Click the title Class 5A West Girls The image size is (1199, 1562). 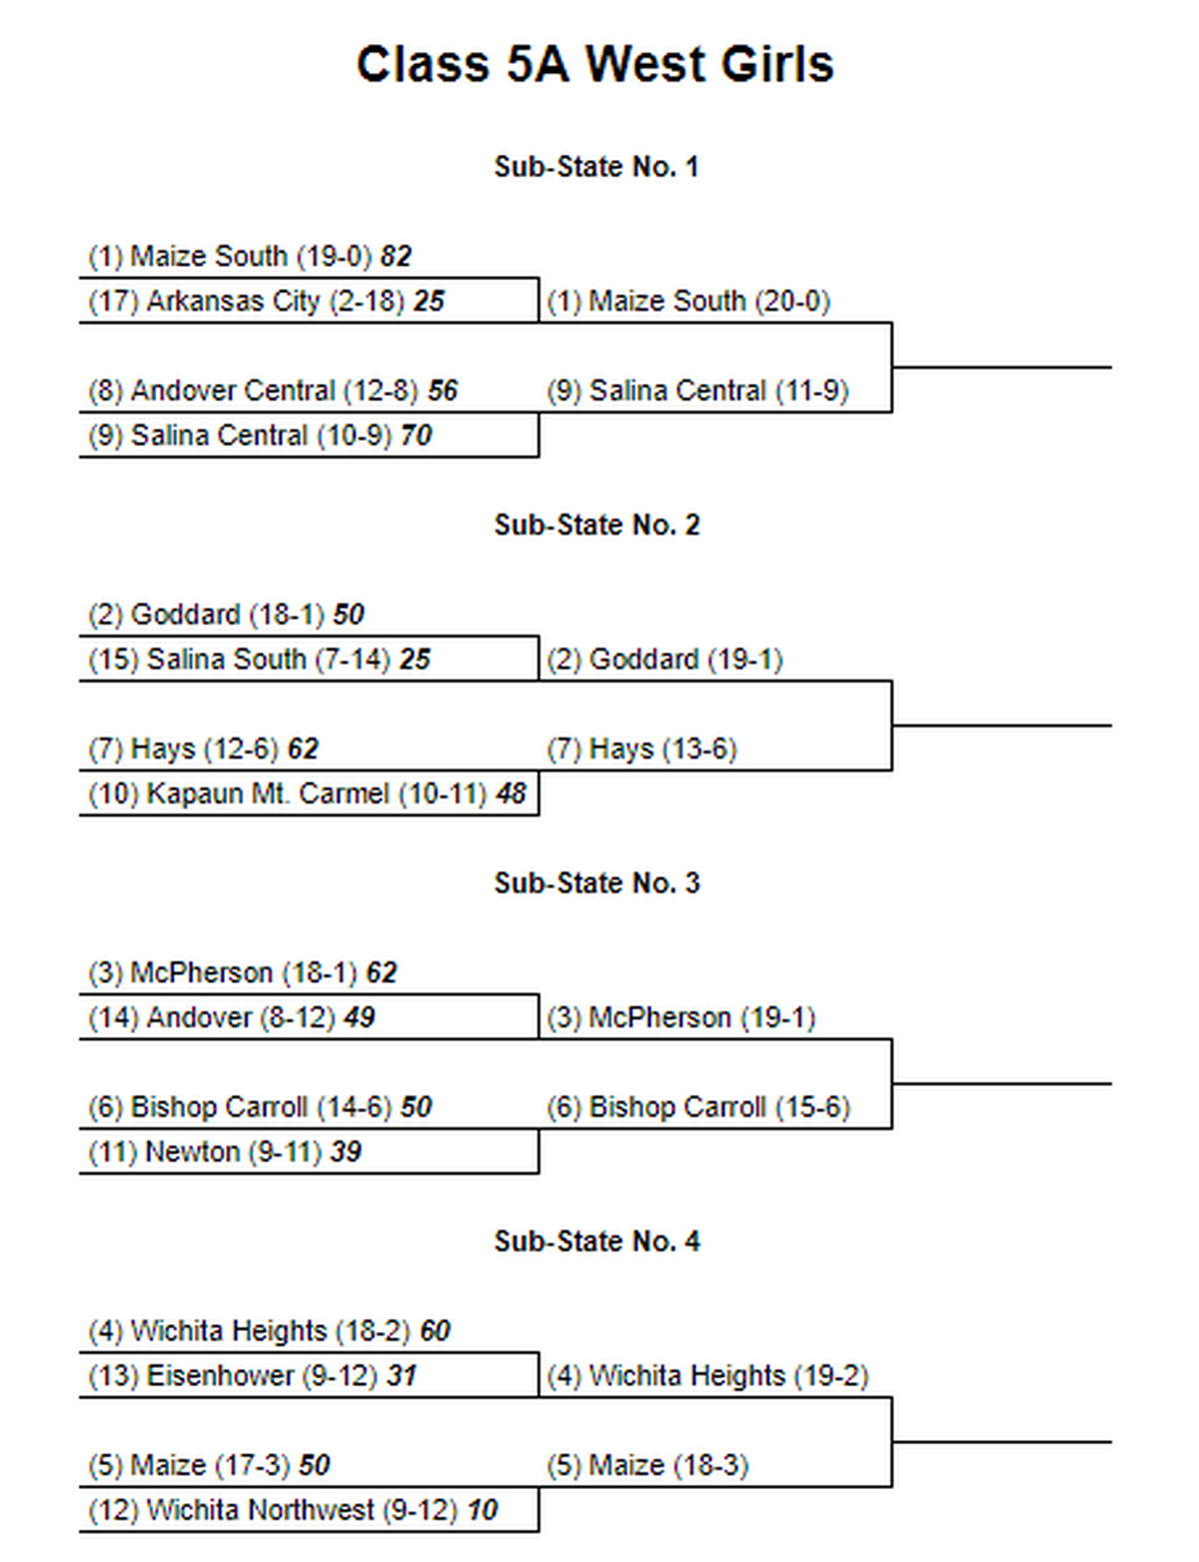(595, 64)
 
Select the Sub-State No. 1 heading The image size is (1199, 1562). (597, 167)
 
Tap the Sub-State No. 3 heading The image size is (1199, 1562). (597, 883)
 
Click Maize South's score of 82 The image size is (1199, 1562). (396, 256)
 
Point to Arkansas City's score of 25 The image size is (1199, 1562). (429, 301)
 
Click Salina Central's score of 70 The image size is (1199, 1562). (416, 435)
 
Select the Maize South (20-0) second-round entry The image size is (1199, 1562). (689, 301)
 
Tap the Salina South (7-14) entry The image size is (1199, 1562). (240, 660)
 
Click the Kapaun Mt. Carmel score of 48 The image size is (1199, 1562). (511, 793)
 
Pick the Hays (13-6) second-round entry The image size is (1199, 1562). (642, 749)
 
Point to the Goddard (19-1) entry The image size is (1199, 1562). (665, 660)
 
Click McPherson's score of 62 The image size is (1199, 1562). (382, 972)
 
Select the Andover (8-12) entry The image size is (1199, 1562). (212, 1017)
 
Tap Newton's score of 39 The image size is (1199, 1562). (346, 1151)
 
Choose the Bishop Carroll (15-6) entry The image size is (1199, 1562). (699, 1107)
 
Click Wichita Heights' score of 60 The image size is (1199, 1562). (436, 1330)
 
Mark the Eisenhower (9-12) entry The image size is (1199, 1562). (234, 1376)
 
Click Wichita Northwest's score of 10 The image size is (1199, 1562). (482, 1509)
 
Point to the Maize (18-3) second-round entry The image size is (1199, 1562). (648, 1465)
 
